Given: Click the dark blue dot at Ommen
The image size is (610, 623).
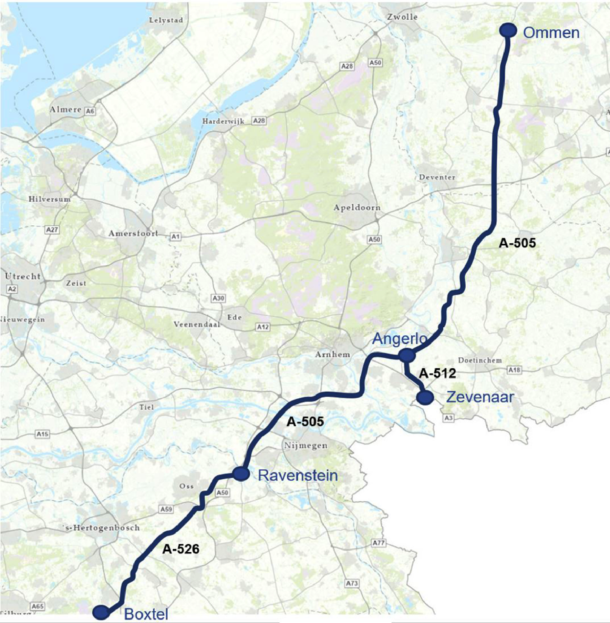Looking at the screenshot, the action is pos(508,30).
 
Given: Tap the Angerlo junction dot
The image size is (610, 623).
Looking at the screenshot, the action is pos(406,355).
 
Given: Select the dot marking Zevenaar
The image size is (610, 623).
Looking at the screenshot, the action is pos(425,397).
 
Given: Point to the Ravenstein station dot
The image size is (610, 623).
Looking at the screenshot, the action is pos(241,474).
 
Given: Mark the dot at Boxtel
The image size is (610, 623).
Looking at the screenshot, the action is pos(101,612).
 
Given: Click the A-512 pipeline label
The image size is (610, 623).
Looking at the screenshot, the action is pos(437,373).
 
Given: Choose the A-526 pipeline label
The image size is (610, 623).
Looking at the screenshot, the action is pos(181,549).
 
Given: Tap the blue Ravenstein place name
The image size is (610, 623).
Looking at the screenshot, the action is pos(298,476).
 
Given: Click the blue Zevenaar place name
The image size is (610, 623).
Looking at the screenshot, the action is pos(480,397).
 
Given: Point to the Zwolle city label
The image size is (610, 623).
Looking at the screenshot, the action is pos(402,17).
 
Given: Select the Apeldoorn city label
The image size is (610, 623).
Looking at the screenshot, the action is pos(357,207).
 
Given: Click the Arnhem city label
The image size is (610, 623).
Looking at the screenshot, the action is pos(333,354).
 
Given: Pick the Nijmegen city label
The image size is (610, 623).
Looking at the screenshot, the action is pos(306,446).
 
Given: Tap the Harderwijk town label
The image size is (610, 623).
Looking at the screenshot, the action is pos(223,121).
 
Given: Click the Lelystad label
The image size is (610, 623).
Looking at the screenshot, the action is pos(166,20).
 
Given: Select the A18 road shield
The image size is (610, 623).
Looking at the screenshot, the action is pos(515,370).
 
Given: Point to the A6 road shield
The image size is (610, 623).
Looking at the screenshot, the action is pos(90,111).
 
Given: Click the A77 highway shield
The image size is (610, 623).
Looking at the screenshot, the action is pos(379,543).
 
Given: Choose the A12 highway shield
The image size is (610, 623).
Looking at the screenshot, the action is pos(263,327).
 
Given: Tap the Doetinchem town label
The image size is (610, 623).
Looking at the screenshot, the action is pos(480,360).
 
